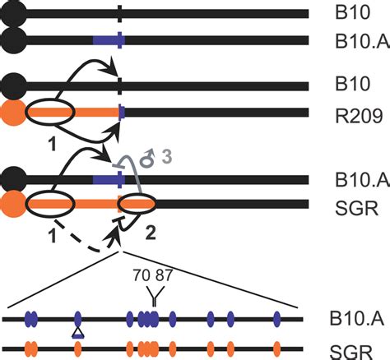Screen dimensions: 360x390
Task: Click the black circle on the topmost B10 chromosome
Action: tap(14, 13)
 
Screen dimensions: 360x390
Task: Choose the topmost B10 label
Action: tap(339, 14)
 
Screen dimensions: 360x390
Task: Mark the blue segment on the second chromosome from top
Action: tap(108, 39)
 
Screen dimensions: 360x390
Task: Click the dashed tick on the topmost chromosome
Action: tap(120, 14)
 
